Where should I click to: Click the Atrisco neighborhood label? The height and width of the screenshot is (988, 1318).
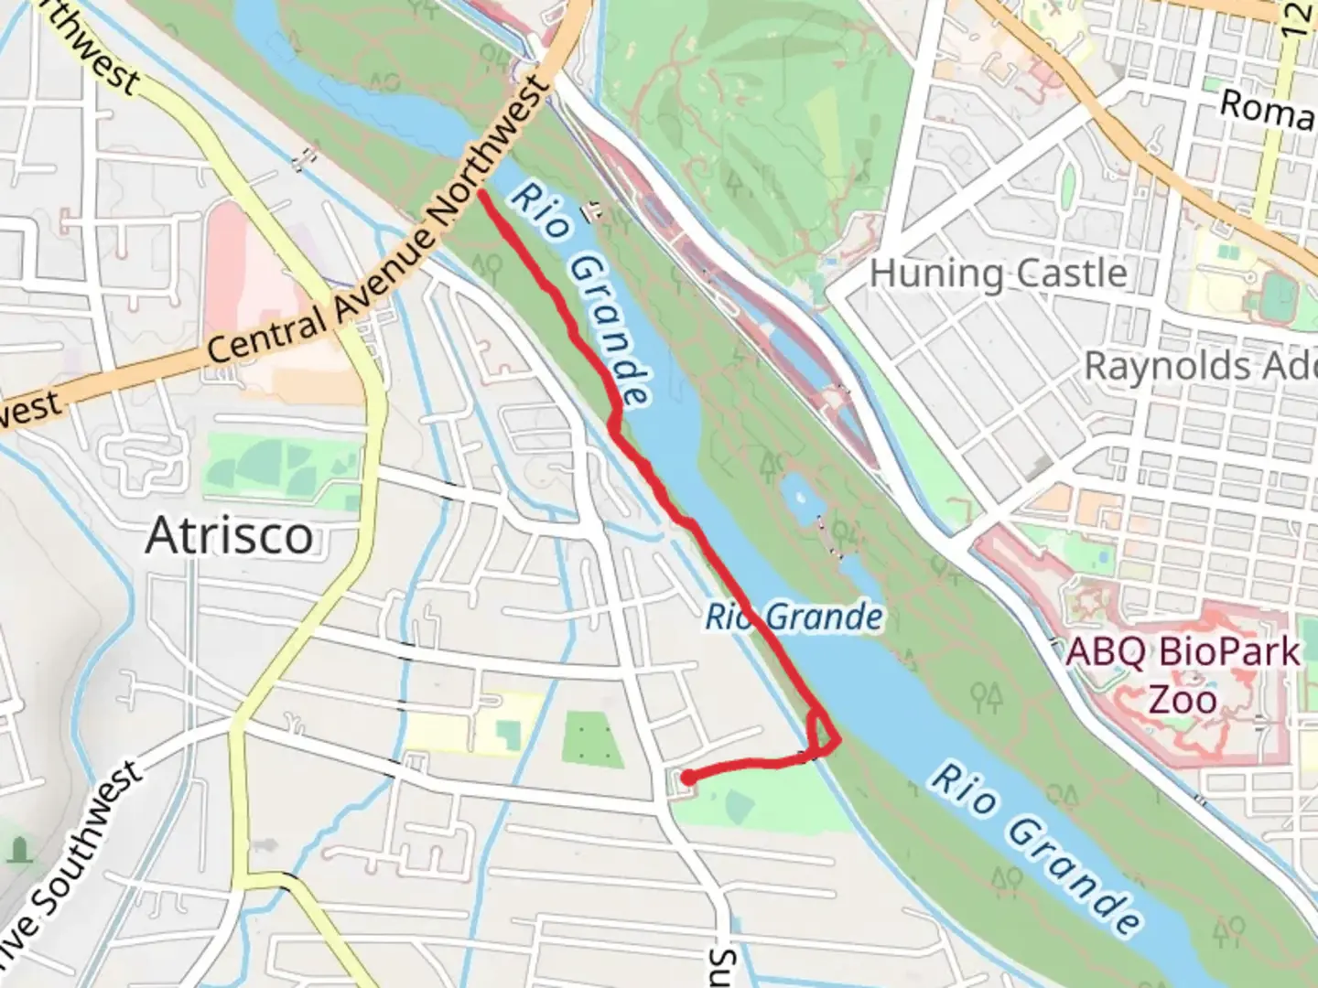(229, 536)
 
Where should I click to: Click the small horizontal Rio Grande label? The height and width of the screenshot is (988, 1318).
(794, 617)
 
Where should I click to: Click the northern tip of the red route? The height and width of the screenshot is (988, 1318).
(481, 192)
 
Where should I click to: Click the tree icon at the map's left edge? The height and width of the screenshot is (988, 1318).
(19, 851)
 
